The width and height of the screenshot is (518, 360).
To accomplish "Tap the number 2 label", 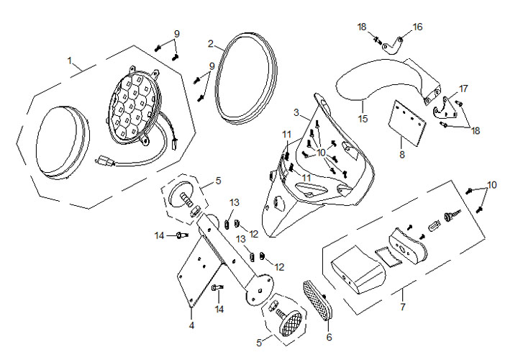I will point(211,43).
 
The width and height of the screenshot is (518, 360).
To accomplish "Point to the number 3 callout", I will point(296,112).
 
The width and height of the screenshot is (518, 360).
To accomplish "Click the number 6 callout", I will point(330,336).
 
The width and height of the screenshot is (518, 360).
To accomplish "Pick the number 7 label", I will point(402,307).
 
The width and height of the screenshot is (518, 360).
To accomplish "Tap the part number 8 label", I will point(401,153).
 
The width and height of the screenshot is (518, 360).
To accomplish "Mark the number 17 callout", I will point(463,89).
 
